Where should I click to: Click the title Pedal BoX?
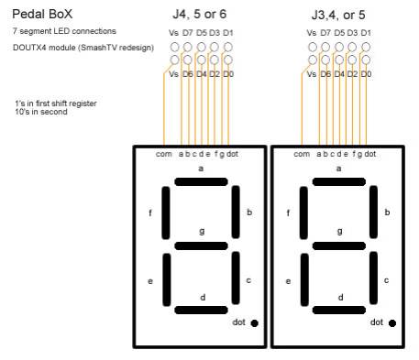(x=42, y=15)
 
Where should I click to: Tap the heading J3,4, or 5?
(x=340, y=15)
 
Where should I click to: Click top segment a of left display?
(x=201, y=181)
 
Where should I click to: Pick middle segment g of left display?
(x=201, y=245)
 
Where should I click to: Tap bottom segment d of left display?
(x=201, y=310)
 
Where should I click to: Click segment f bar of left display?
(x=166, y=213)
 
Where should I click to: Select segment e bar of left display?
(x=166, y=278)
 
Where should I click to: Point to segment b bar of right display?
(x=374, y=213)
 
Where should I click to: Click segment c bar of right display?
(x=374, y=278)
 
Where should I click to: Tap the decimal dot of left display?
(x=254, y=322)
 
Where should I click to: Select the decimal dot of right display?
(x=392, y=322)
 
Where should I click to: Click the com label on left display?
(x=163, y=154)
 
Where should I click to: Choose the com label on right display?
(x=301, y=154)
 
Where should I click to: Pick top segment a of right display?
(x=339, y=181)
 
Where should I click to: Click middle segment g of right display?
(x=339, y=245)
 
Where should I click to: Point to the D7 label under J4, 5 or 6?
(x=187, y=33)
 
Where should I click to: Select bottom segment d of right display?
(x=339, y=310)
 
